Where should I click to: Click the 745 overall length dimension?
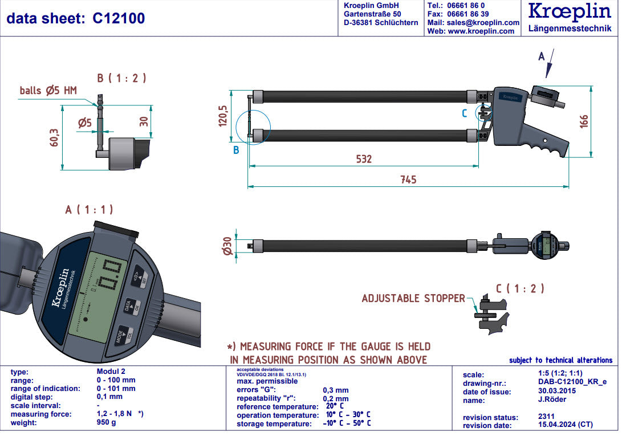click(408, 180)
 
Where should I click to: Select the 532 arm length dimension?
click(364, 159)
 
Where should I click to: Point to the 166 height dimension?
click(584, 121)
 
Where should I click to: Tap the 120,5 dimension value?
click(223, 115)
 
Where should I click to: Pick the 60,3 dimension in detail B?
click(55, 137)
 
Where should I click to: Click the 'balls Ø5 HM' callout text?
click(48, 90)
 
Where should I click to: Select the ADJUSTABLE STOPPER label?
click(413, 298)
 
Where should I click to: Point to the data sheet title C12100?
click(75, 18)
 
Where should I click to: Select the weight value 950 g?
click(107, 423)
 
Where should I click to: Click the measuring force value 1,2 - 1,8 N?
click(115, 414)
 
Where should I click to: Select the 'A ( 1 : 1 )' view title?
click(89, 210)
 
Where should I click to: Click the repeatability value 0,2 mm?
click(335, 398)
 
